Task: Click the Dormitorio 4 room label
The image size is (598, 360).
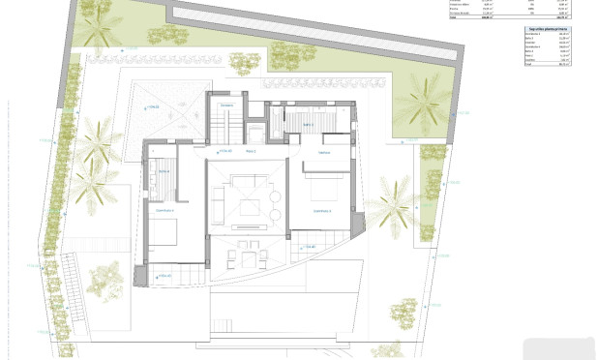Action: coord(164,210)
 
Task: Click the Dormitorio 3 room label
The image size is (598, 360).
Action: coord(321,211)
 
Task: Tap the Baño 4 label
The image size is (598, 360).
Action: coord(159,172)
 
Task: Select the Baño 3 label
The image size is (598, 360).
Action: coord(308,125)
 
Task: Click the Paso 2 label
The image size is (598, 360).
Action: coord(250,152)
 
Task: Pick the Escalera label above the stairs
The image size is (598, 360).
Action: coord(226,105)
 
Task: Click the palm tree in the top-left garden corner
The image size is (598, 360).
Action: coord(98,28)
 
